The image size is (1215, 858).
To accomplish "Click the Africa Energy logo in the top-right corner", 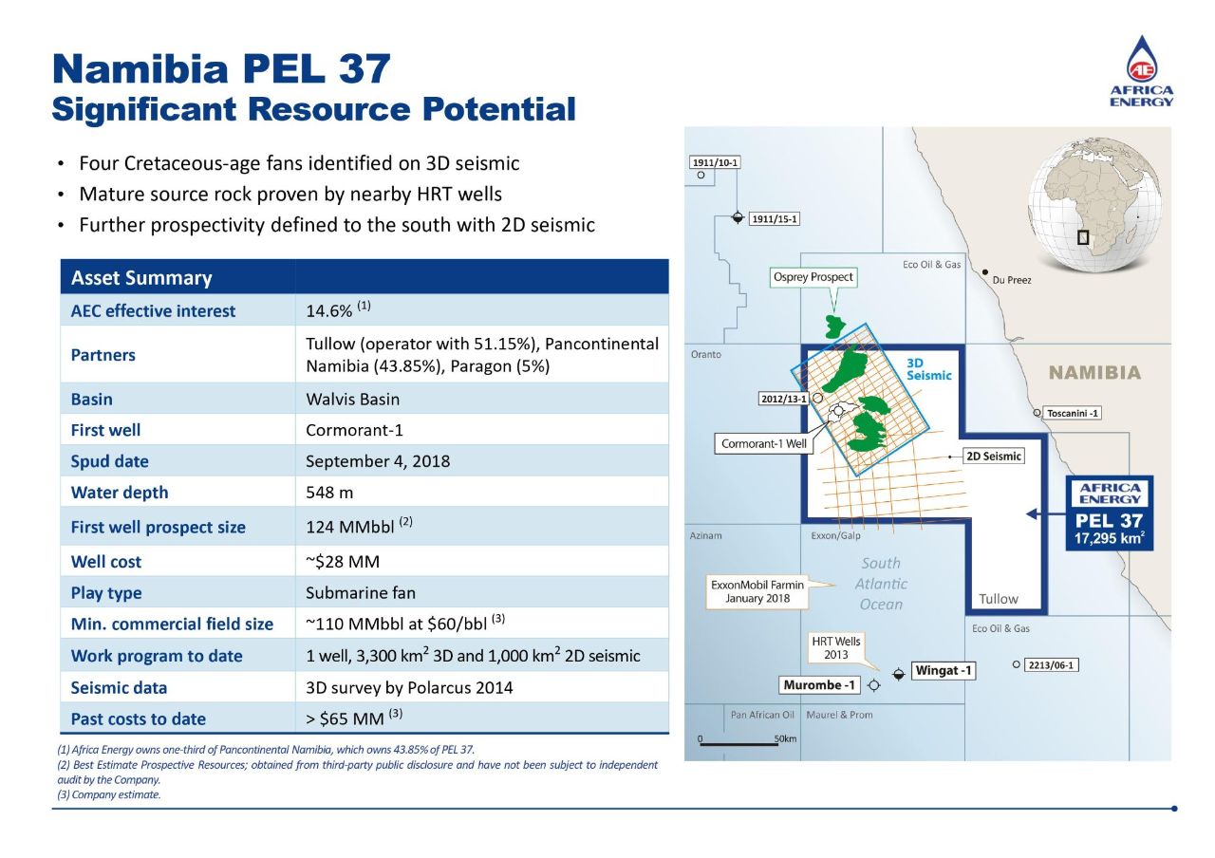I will click(1142, 72).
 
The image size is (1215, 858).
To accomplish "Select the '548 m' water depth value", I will click(331, 493).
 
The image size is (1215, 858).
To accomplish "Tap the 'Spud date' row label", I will click(110, 461).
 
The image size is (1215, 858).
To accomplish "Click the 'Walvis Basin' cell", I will click(352, 399).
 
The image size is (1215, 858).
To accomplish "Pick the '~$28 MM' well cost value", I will click(342, 562).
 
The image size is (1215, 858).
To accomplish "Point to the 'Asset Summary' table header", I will click(141, 278).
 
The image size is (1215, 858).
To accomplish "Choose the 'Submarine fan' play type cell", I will click(361, 593).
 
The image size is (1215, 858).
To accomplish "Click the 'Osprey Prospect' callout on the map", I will click(813, 277).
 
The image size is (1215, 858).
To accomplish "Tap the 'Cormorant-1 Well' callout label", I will click(763, 443).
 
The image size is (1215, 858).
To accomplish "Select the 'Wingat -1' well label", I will click(944, 671).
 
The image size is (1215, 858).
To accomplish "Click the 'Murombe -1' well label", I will click(819, 684).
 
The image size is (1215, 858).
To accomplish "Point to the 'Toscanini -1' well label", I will click(1073, 413).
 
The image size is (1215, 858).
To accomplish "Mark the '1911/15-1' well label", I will click(775, 219).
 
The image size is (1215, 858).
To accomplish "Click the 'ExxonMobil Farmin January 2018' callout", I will click(757, 591).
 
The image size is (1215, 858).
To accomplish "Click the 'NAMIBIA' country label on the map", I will click(1094, 373).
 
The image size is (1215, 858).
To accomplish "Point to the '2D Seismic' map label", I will click(994, 457).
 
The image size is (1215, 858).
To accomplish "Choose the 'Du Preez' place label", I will click(1012, 280).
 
